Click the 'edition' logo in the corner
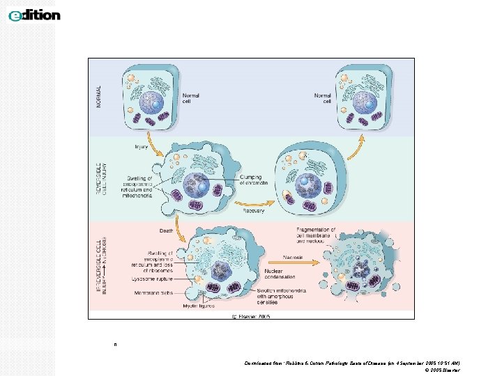click(x=34, y=15)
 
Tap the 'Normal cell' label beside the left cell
click(x=190, y=98)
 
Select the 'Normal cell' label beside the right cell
click(x=323, y=98)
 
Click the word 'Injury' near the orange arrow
click(x=141, y=147)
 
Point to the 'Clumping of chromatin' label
click(x=254, y=180)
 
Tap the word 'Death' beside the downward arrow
click(x=166, y=230)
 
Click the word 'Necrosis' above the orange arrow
click(x=293, y=257)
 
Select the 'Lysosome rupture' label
click(x=149, y=279)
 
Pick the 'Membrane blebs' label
click(x=151, y=294)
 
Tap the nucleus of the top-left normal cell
click(x=151, y=102)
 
